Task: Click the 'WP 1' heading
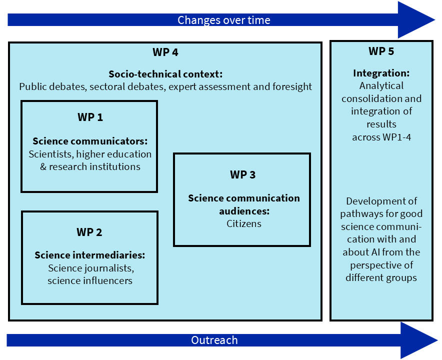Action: pos(90,117)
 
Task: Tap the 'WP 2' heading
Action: pos(89,232)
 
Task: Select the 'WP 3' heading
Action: pos(242,174)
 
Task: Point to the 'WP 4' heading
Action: pos(165,52)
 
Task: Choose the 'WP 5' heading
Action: pos(381,51)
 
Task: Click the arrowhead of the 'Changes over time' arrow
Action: pos(416,19)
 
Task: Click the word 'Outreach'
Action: pos(214,340)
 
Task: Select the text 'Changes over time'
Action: pos(224,20)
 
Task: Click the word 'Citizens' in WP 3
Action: pos(244,223)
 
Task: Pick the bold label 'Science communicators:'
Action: pos(90,141)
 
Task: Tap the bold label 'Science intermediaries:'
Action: pos(90,255)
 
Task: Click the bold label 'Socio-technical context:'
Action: pos(165,74)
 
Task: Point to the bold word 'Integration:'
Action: pos(381,73)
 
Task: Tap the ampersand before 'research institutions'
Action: pos(43,166)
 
